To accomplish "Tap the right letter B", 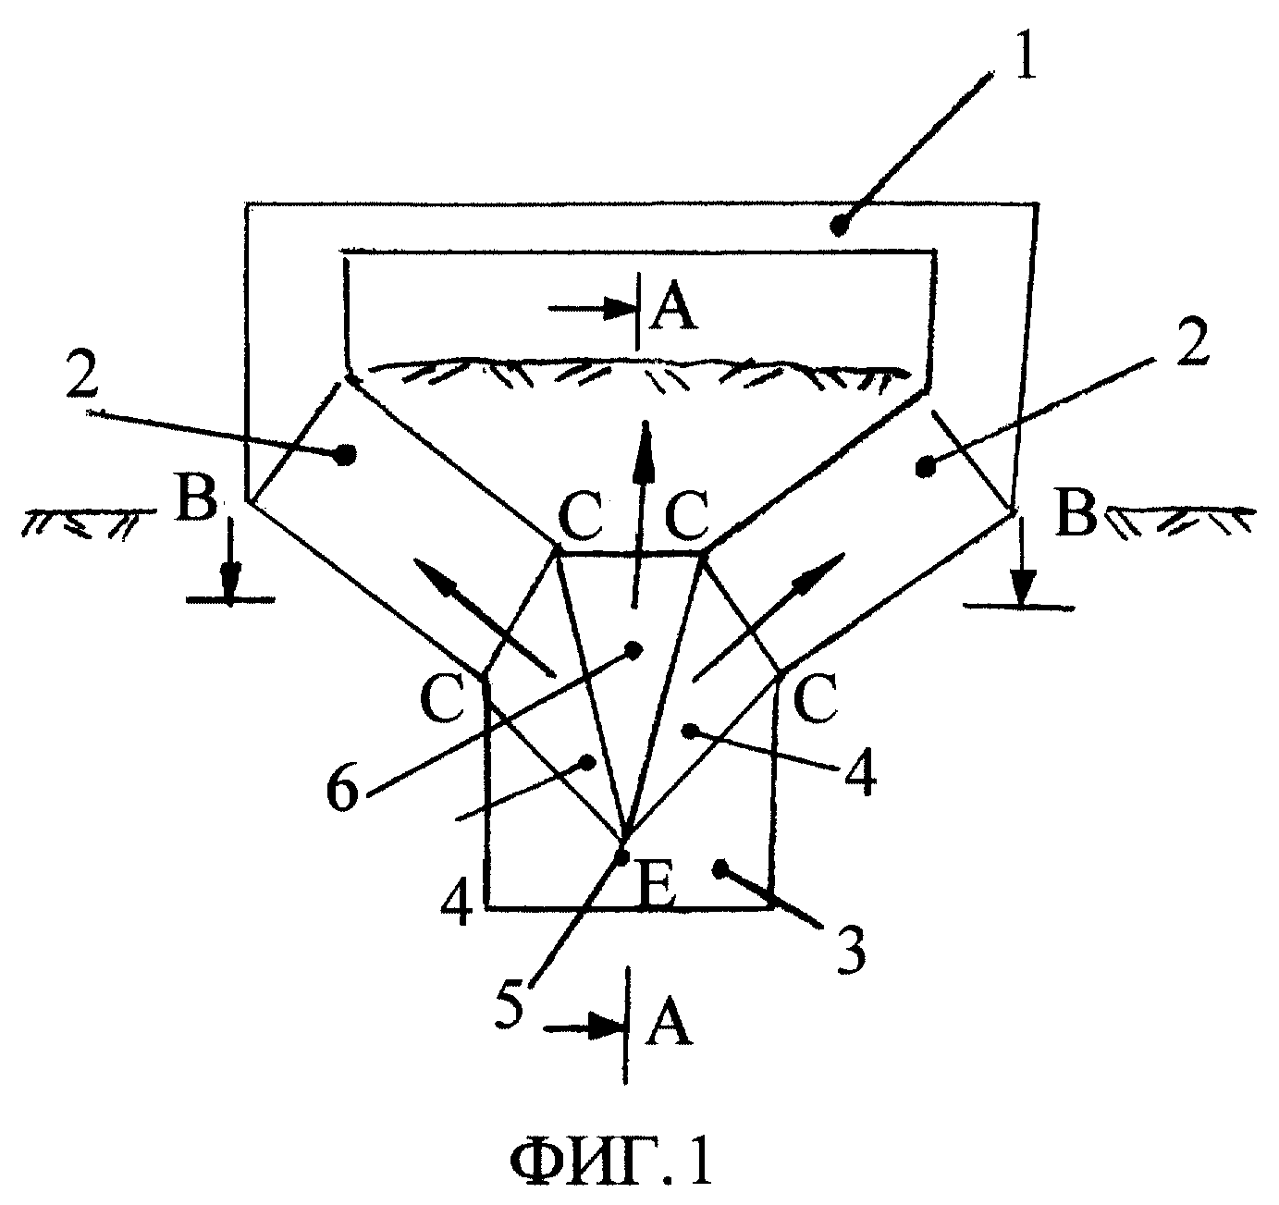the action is (x=1076, y=513).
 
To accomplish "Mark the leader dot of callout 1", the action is (x=838, y=226).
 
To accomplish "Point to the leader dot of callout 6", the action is (x=633, y=649).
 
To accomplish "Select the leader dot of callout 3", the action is (x=720, y=869).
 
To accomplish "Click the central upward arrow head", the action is (x=644, y=450).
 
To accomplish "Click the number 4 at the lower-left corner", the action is (x=457, y=904).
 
